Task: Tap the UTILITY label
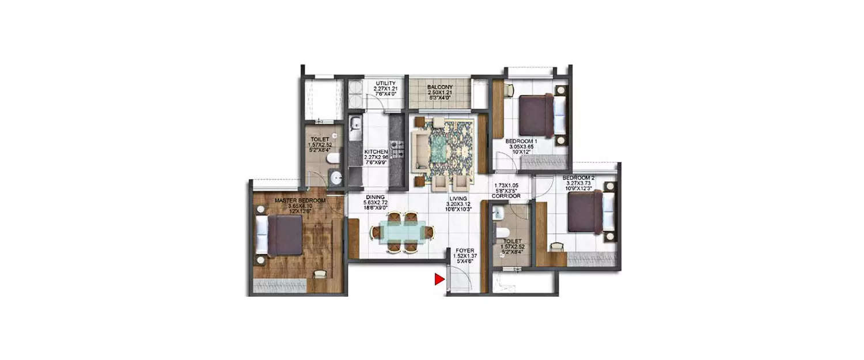pyautogui.click(x=385, y=84)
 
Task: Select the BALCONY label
pyautogui.click(x=439, y=88)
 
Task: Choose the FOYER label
pyautogui.click(x=463, y=250)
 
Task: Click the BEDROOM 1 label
pyautogui.click(x=521, y=141)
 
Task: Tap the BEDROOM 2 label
pyautogui.click(x=579, y=177)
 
